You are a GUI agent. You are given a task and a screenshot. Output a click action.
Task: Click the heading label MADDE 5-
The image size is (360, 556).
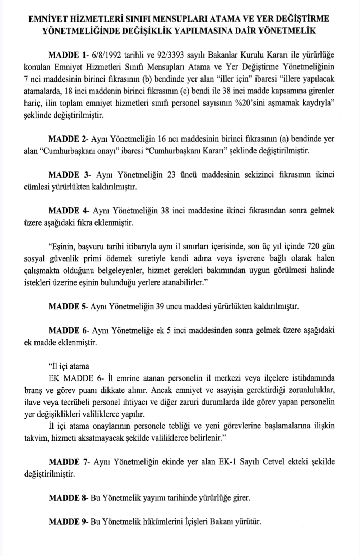[x=68, y=307]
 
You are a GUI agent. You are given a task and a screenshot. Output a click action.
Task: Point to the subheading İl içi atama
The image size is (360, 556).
[x=69, y=367]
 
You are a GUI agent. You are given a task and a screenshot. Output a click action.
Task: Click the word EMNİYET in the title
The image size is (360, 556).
[x=48, y=19]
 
